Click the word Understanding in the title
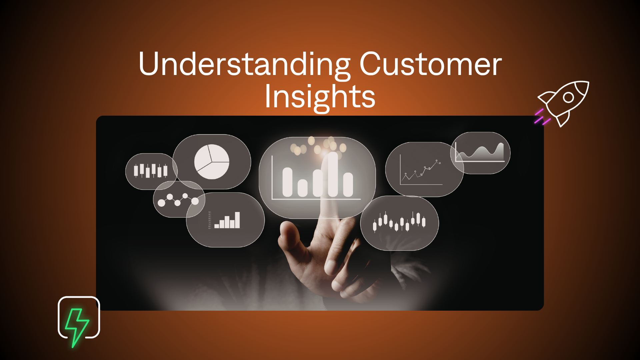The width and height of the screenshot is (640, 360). coord(244,64)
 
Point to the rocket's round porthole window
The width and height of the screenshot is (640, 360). coord(568,97)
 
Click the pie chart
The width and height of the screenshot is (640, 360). coord(212,162)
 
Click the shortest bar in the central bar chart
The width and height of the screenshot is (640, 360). coord(302,188)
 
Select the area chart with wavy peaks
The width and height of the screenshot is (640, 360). coord(480,153)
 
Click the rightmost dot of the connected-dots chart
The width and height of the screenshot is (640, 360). coord(195,201)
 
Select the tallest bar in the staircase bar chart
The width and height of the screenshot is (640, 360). coord(237,220)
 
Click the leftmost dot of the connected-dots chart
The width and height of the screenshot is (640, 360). coord(161,203)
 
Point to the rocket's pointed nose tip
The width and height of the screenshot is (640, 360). coord(588,82)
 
